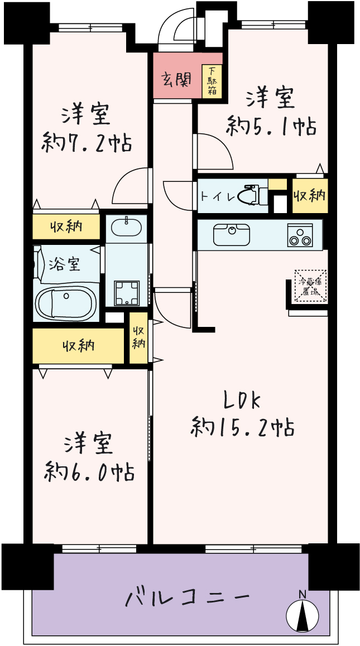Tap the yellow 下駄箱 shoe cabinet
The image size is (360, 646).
pyautogui.click(x=212, y=81)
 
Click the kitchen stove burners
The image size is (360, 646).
pyautogui.click(x=300, y=236)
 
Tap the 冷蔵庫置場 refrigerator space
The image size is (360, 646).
pyautogui.click(x=310, y=287)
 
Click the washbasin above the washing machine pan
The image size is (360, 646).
pyautogui.click(x=126, y=228)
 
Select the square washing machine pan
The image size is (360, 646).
pyautogui.click(x=126, y=293)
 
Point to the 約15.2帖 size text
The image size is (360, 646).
pyautogui.click(x=242, y=427)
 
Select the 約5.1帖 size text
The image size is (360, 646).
pyautogui.click(x=271, y=126)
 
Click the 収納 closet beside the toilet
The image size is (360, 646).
pyautogui.click(x=310, y=196)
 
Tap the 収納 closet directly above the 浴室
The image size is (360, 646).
pyautogui.click(x=66, y=226)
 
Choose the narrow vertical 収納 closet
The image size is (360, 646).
pyautogui.click(x=138, y=338)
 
